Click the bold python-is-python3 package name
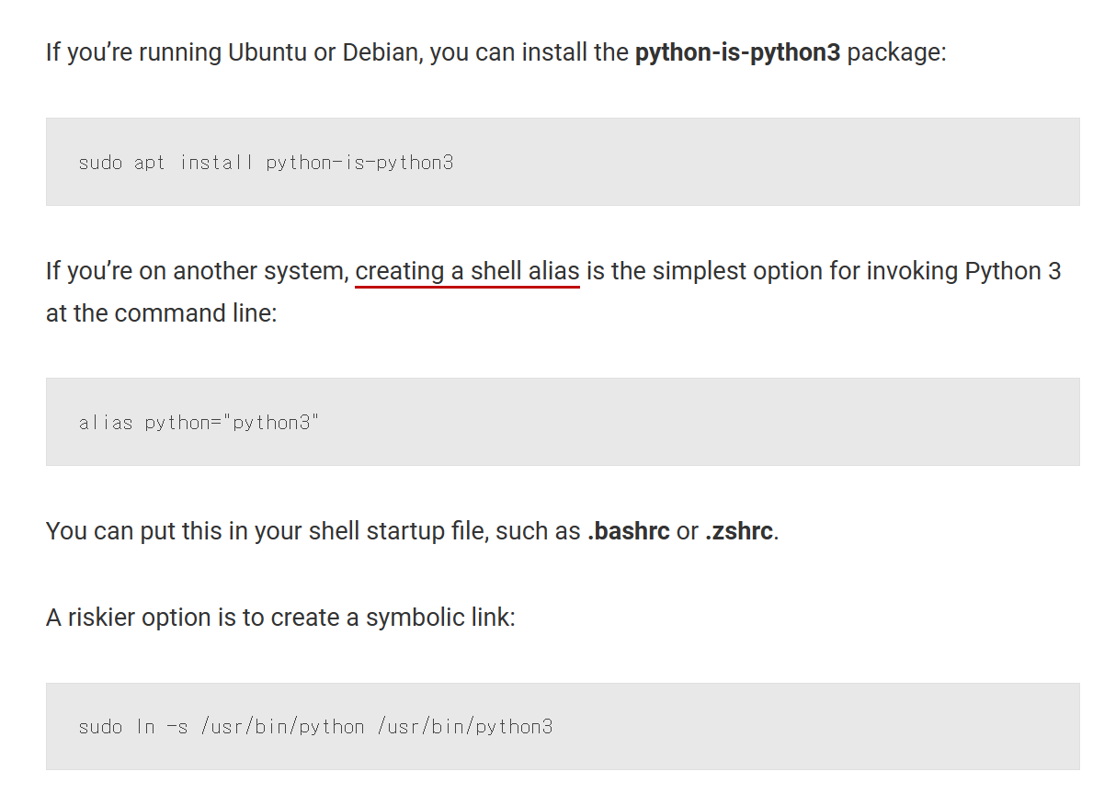click(x=737, y=51)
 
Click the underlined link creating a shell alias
click(x=467, y=271)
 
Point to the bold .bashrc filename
click(x=628, y=531)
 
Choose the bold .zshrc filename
click(x=739, y=531)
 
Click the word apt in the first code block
click(x=149, y=163)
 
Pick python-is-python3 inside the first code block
click(x=359, y=163)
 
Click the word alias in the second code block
click(x=105, y=423)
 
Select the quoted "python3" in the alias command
click(x=273, y=423)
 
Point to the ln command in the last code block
click(x=145, y=727)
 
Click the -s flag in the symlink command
click(x=176, y=727)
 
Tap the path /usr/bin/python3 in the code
click(x=464, y=727)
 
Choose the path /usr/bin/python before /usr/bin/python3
click(x=282, y=727)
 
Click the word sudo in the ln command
click(x=100, y=727)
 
